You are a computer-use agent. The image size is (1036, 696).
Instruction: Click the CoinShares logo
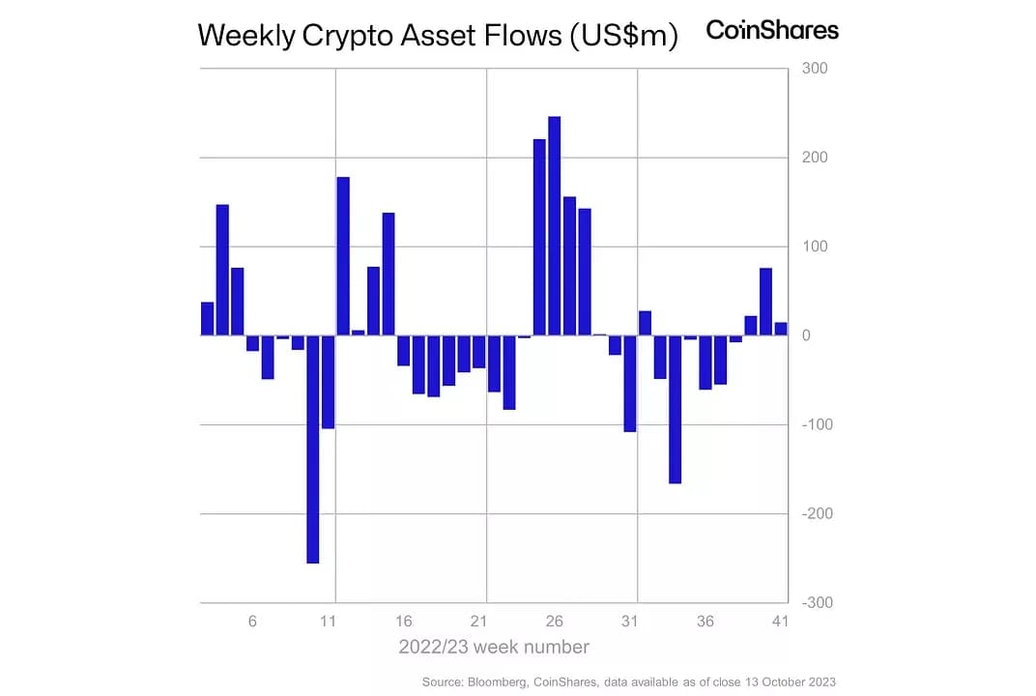(x=772, y=30)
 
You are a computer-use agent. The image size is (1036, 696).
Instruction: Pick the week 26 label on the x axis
(x=554, y=622)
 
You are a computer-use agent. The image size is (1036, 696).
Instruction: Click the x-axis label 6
(x=252, y=622)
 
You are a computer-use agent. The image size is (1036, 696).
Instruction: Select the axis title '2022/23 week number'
(x=494, y=647)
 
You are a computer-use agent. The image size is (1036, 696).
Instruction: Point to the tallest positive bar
(x=554, y=226)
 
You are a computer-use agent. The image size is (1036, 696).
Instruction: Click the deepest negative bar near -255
(x=312, y=449)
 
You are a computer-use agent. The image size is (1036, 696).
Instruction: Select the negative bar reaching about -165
(x=675, y=409)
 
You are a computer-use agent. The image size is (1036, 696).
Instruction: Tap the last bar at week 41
(x=781, y=330)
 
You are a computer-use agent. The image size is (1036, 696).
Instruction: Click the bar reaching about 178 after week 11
(x=343, y=256)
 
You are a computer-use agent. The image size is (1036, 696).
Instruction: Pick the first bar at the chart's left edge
(x=207, y=319)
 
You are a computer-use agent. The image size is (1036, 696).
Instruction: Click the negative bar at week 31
(x=629, y=383)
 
